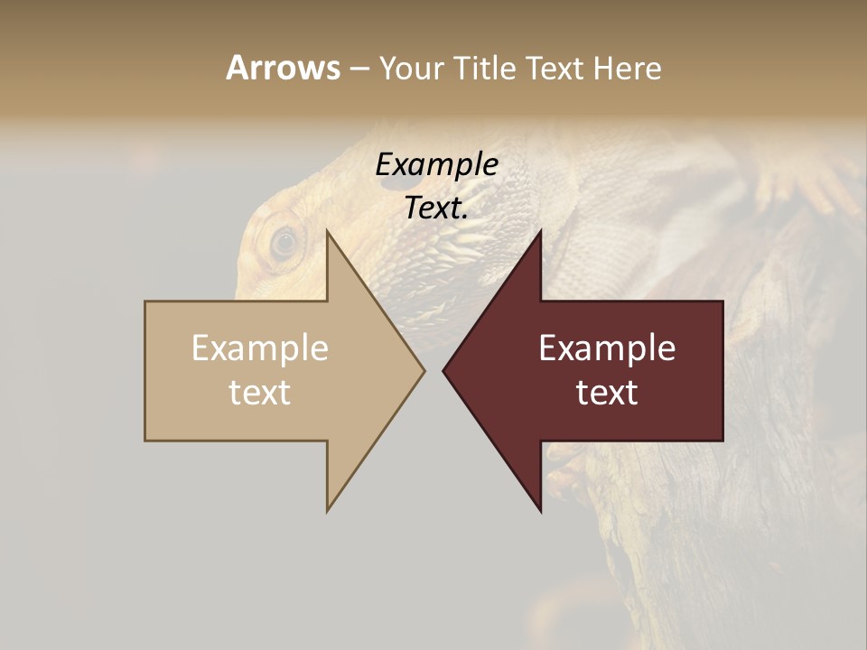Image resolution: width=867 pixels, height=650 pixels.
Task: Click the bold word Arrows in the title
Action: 283,68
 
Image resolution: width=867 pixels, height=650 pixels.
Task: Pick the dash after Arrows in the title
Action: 359,70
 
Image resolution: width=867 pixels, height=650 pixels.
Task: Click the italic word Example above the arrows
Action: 436,164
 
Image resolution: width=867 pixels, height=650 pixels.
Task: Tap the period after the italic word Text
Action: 465,218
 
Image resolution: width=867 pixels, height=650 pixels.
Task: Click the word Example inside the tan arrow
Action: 260,348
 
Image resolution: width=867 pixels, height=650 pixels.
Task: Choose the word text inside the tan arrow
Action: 260,392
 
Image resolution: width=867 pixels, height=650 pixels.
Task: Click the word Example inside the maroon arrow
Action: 607,348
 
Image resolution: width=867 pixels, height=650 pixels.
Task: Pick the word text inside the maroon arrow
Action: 607,392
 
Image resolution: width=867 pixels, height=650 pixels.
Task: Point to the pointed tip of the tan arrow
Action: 424,370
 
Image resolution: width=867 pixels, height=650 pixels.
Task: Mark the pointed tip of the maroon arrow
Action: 443,370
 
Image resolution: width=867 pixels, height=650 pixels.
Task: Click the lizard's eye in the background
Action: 284,242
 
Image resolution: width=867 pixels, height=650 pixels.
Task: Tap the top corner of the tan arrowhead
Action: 328,231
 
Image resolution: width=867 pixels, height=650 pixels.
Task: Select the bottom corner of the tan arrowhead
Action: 328,510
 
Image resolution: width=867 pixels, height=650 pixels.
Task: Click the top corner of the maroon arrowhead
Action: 540,231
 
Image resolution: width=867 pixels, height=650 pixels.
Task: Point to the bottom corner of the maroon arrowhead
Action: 540,510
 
